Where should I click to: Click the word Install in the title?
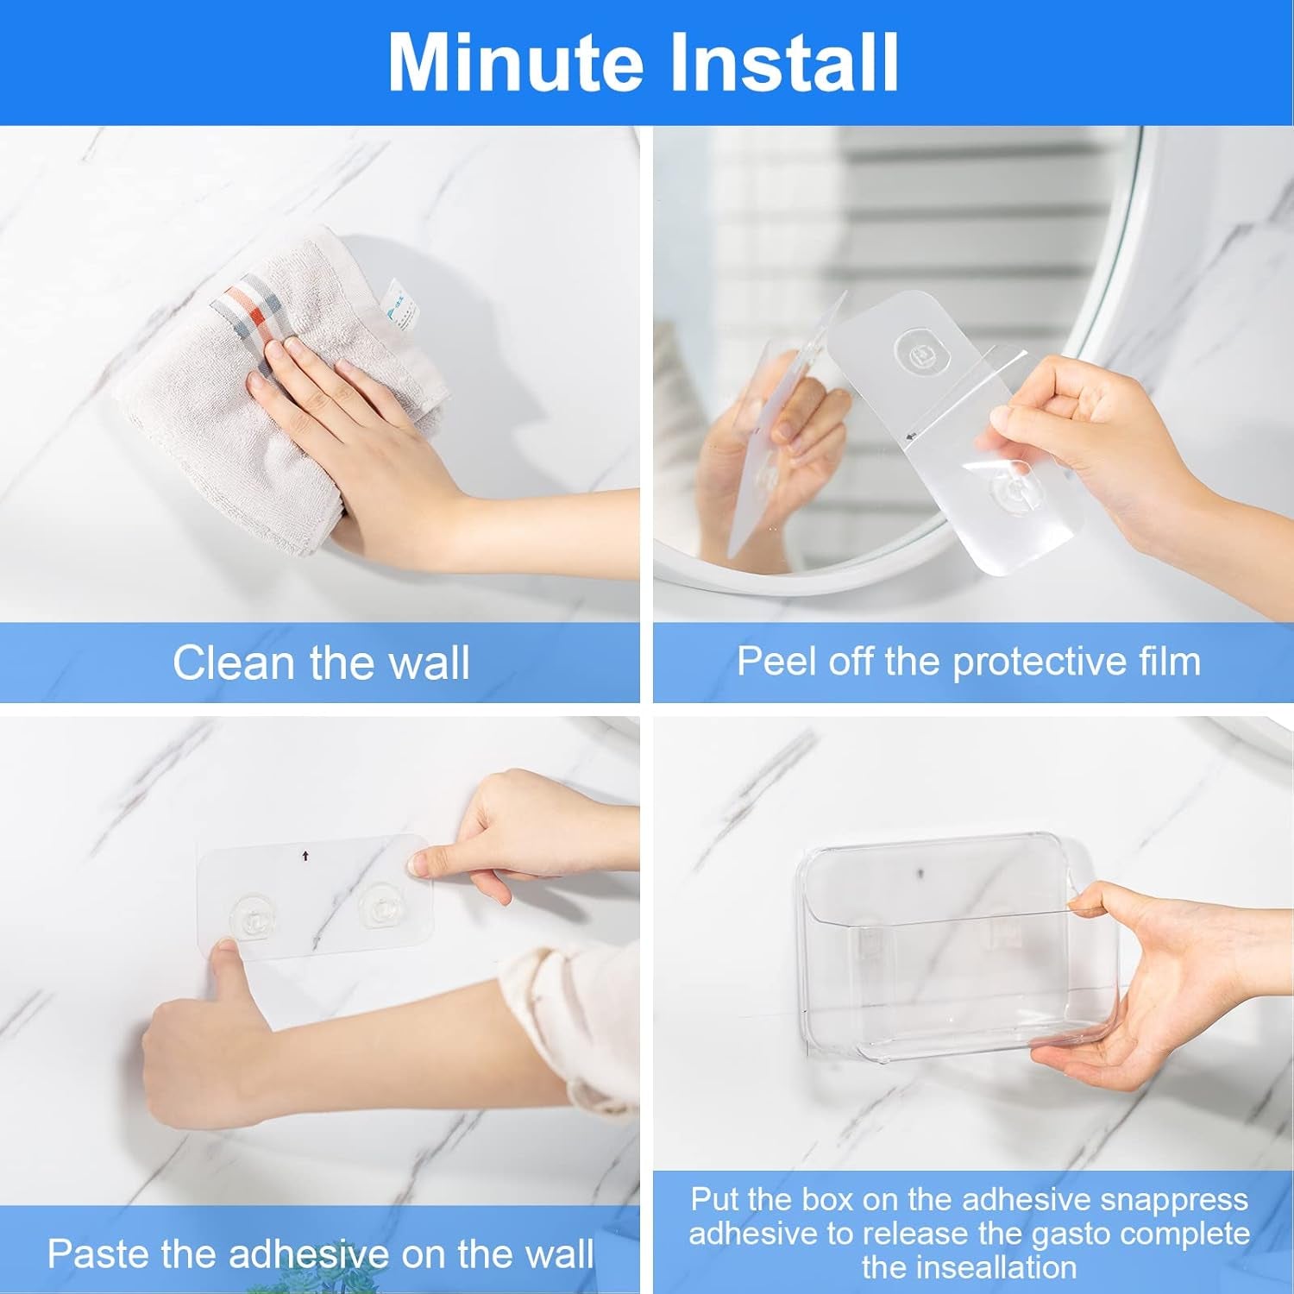tap(783, 62)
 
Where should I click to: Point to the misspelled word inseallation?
tap(970, 1267)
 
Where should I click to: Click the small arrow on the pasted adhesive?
tap(305, 856)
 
